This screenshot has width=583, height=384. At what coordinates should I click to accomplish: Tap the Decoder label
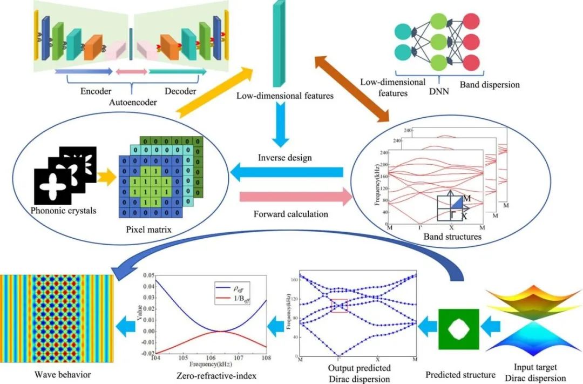click(180, 91)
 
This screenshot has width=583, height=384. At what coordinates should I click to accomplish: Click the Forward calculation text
click(290, 214)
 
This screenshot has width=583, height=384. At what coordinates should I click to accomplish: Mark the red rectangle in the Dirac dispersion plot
click(338, 306)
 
